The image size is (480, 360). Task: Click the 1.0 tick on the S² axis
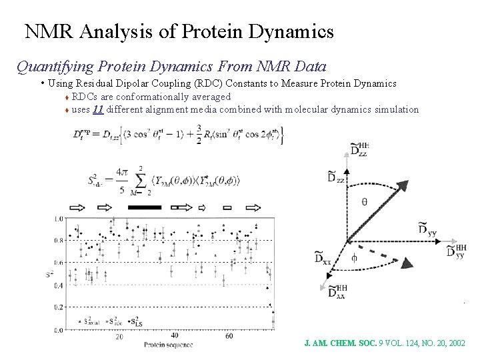59,218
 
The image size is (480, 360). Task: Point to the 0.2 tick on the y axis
59,307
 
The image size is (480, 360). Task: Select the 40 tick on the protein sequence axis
175,335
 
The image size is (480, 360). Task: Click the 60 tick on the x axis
230,336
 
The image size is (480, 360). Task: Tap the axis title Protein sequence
169,345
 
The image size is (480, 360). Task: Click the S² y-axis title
50,273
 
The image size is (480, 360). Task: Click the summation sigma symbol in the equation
141,181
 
